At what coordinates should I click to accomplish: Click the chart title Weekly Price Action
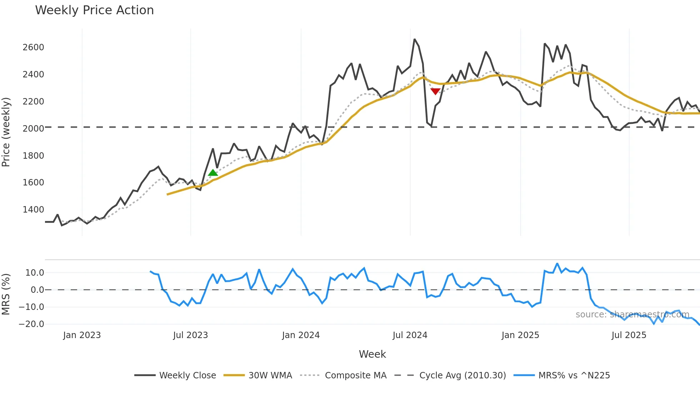pyautogui.click(x=94, y=10)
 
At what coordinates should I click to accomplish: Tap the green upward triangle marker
pyautogui.click(x=213, y=173)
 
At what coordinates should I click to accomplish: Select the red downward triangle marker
pyautogui.click(x=435, y=91)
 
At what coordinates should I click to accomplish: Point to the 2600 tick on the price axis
pyautogui.click(x=33, y=47)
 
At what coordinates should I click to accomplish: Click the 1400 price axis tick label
pyautogui.click(x=33, y=210)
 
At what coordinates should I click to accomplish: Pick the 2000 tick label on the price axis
pyautogui.click(x=33, y=129)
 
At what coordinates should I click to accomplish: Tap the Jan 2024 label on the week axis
pyautogui.click(x=301, y=335)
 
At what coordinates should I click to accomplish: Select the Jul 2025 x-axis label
pyautogui.click(x=629, y=335)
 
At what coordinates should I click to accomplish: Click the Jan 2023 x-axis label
pyautogui.click(x=82, y=335)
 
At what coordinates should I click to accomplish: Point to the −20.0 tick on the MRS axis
pyautogui.click(x=31, y=324)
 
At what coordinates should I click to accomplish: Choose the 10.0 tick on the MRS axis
pyautogui.click(x=35, y=273)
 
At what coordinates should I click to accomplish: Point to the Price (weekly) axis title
pyautogui.click(x=6, y=132)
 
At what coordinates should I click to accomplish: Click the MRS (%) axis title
pyautogui.click(x=6, y=294)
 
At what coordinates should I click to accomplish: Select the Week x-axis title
pyautogui.click(x=372, y=354)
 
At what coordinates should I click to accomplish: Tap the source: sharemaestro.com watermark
pyautogui.click(x=632, y=315)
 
